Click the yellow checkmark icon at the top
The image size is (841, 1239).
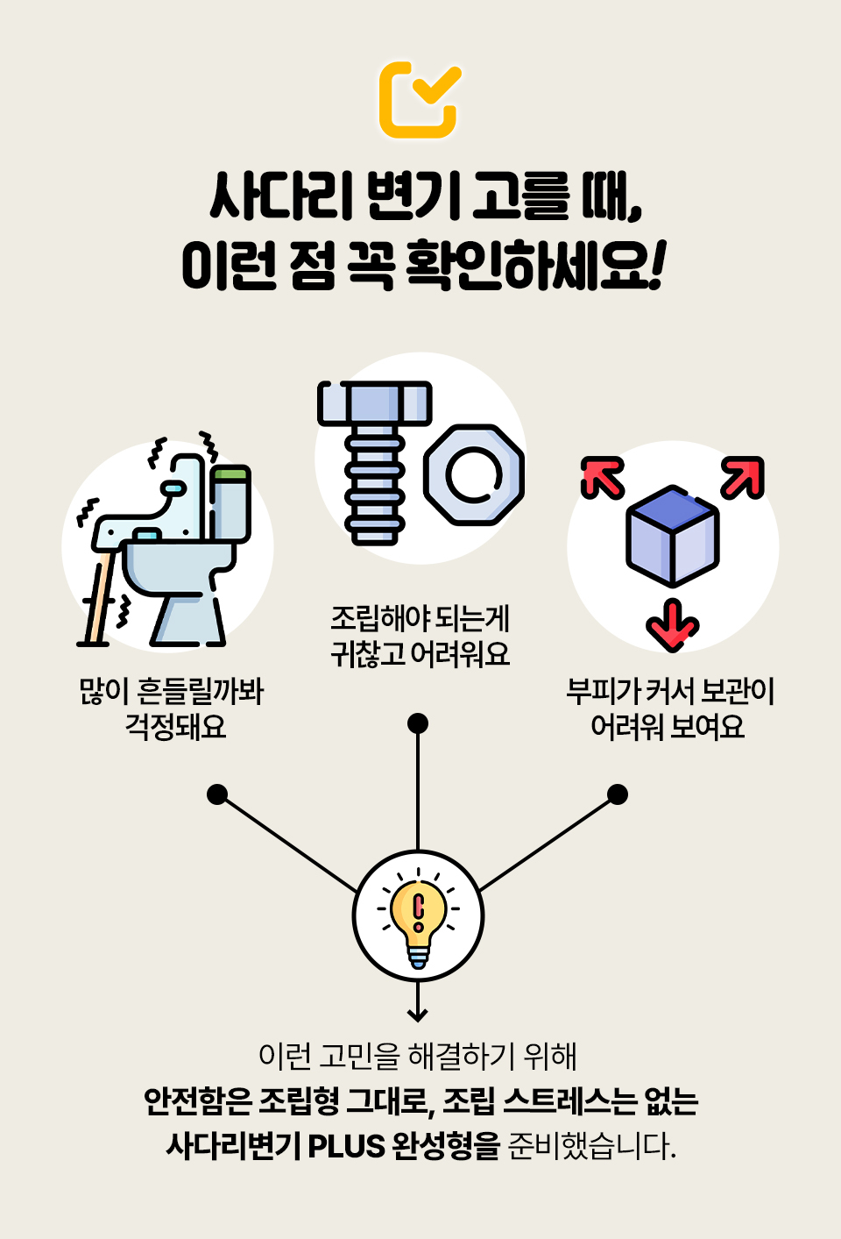tap(420, 99)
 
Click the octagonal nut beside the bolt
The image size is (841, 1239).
tap(474, 475)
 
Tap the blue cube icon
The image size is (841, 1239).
tap(672, 535)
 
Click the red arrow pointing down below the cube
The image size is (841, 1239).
tap(672, 624)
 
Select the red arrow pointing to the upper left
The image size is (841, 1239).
tap(603, 478)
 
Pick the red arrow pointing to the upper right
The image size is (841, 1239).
tap(742, 478)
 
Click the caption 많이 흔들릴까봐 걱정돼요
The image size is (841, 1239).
tap(172, 709)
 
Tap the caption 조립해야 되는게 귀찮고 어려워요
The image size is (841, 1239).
tap(420, 636)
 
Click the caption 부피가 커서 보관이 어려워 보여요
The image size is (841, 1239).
tap(670, 709)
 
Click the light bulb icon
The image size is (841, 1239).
tap(418, 917)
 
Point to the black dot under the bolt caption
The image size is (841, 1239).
tap(418, 723)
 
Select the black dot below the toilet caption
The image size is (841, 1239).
tap(217, 794)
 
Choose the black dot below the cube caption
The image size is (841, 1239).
tap(618, 794)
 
